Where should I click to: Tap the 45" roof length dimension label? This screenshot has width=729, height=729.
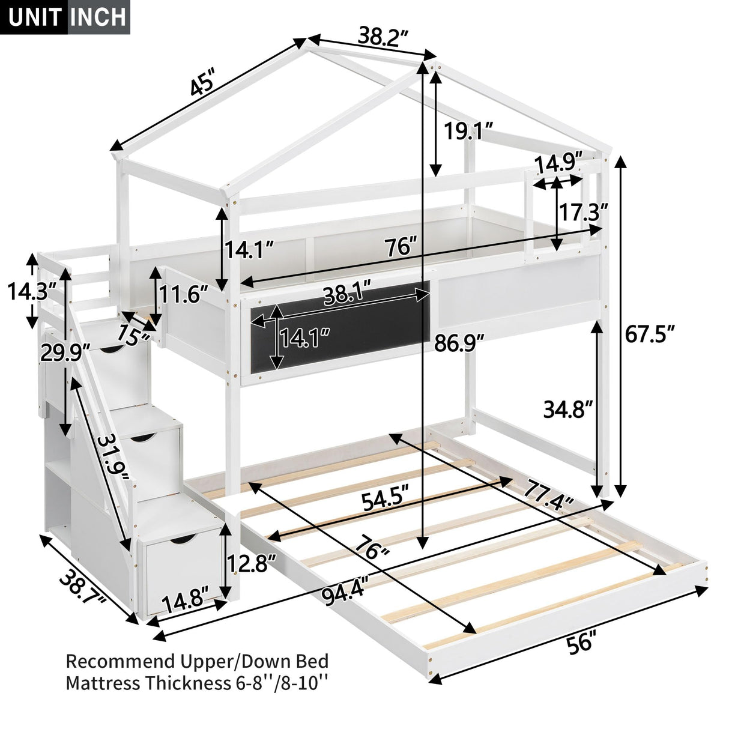(x=202, y=85)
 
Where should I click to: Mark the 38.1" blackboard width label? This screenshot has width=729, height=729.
(x=347, y=295)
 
